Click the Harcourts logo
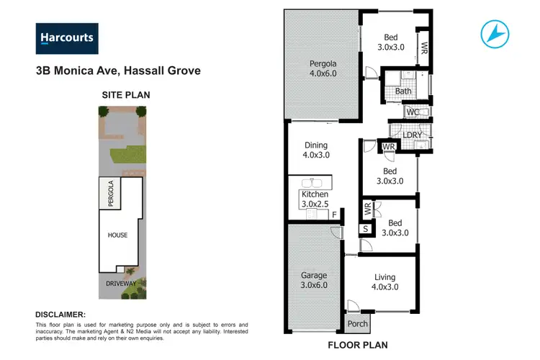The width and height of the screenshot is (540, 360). click(67, 37)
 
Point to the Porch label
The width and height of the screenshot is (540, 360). click(357, 323)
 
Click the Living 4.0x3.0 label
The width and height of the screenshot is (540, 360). click(386, 282)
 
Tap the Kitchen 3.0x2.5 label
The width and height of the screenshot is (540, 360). click(315, 199)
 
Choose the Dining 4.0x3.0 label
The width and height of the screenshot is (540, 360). click(315, 150)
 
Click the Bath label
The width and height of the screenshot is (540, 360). click(403, 91)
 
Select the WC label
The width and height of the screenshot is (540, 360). click(413, 113)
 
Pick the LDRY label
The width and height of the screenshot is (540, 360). click(413, 135)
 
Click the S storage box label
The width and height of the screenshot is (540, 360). click(366, 229)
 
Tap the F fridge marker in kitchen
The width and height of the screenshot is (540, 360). click(333, 215)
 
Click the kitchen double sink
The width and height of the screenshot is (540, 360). click(315, 183)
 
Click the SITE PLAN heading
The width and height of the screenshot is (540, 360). click(121, 94)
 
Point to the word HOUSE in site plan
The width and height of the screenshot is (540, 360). click(118, 235)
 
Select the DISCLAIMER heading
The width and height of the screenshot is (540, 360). click(60, 315)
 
